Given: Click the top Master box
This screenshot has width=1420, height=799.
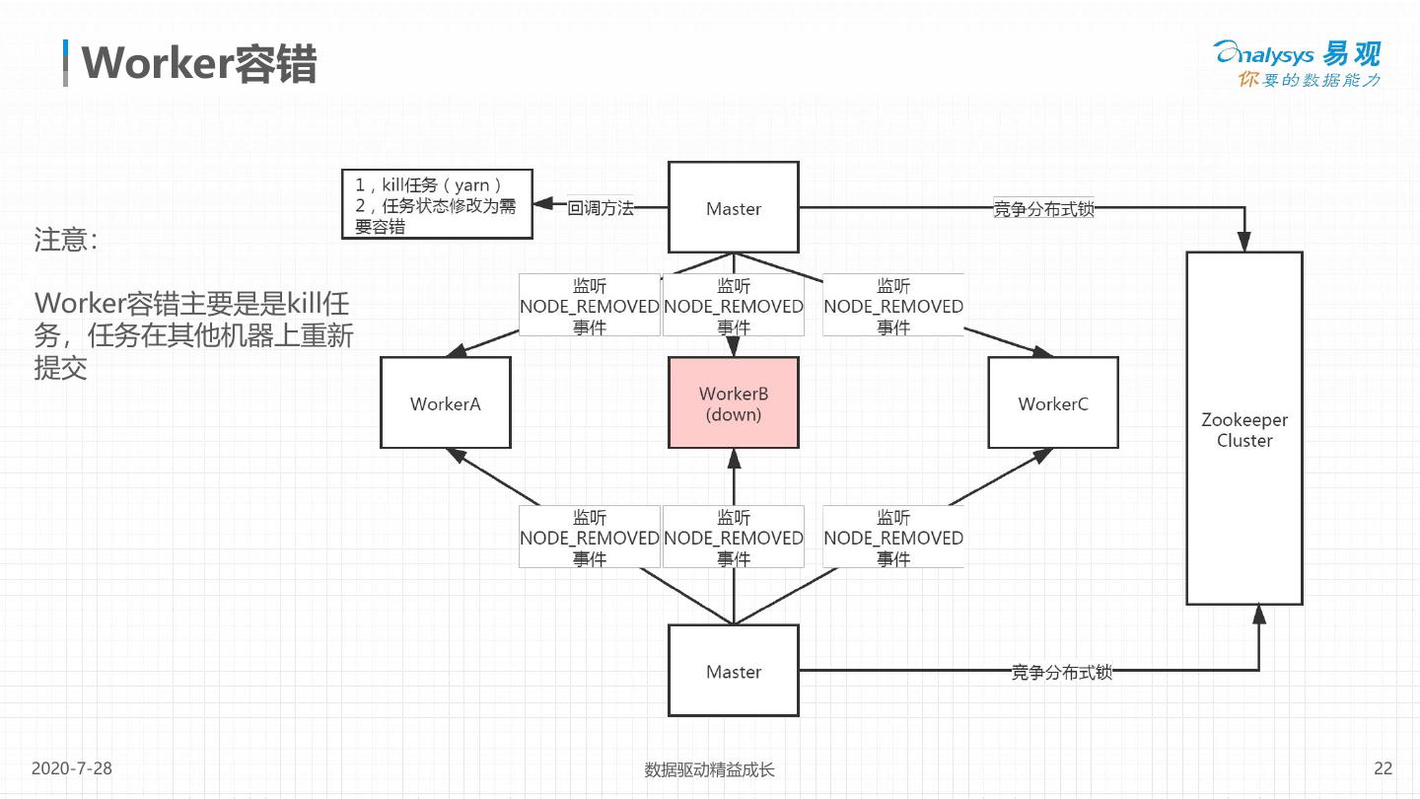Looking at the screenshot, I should click(733, 208).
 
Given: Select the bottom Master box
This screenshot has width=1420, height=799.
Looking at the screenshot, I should click(733, 671).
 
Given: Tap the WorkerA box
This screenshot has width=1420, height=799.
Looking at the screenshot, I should click(446, 402).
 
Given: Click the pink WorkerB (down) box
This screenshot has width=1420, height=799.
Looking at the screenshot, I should click(733, 402).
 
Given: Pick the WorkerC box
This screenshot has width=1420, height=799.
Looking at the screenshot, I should click(1053, 402).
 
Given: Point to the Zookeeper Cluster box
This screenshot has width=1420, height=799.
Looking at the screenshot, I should click(1243, 428).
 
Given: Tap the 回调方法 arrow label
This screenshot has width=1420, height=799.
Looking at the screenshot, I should click(600, 208).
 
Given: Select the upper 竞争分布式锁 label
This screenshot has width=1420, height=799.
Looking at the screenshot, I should click(1043, 208).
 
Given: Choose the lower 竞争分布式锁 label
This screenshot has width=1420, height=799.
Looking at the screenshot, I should click(1062, 672).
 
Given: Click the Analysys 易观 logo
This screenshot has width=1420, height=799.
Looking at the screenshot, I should click(1297, 64).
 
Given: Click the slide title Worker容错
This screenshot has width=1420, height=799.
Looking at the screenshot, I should click(198, 64).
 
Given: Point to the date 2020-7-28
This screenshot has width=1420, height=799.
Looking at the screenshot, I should click(72, 768).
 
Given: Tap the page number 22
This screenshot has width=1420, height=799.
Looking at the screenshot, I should click(1383, 768).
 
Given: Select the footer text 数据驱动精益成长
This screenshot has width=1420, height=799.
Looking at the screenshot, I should click(709, 769).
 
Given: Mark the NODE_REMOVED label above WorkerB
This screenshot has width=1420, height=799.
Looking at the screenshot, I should click(733, 306).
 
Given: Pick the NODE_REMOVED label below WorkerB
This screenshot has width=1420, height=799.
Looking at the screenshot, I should click(733, 538).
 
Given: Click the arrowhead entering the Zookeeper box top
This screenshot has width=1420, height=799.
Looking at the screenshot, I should click(1244, 242).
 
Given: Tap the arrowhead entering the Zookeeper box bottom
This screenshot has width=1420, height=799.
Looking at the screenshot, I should click(1258, 615).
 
